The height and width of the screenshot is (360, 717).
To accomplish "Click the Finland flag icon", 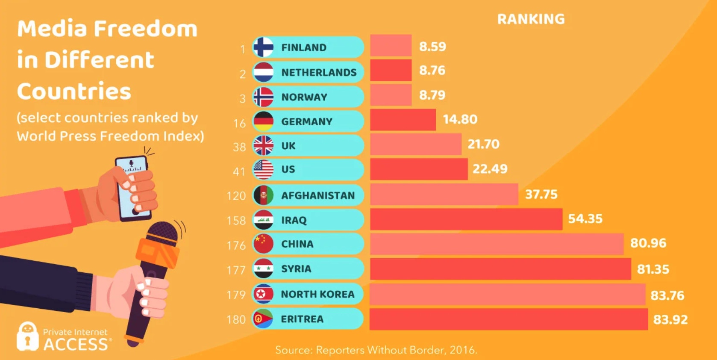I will click(263, 47).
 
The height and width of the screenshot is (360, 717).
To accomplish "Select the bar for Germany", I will click(403, 120).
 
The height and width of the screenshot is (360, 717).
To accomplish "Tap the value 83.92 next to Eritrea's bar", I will click(670, 319).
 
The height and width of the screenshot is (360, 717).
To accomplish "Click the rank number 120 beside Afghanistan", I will click(236, 196).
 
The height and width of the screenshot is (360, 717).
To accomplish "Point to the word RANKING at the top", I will click(531, 19).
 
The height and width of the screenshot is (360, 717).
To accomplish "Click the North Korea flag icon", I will click(263, 294).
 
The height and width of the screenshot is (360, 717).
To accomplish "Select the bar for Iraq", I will click(466, 219).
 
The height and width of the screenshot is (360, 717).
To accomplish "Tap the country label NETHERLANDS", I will click(319, 72).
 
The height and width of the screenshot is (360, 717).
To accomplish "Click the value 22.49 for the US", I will click(490, 169).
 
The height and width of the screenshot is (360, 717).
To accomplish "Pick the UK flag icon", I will click(263, 145).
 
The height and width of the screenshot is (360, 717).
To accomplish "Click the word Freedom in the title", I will click(145, 29).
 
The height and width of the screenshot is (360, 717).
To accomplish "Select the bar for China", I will click(497, 244).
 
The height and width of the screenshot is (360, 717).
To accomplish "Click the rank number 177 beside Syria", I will click(236, 270).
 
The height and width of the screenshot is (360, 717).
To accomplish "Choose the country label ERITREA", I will click(302, 319).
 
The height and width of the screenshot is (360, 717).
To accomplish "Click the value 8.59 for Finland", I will click(432, 46).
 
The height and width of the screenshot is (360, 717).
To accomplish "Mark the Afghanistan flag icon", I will click(263, 195).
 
